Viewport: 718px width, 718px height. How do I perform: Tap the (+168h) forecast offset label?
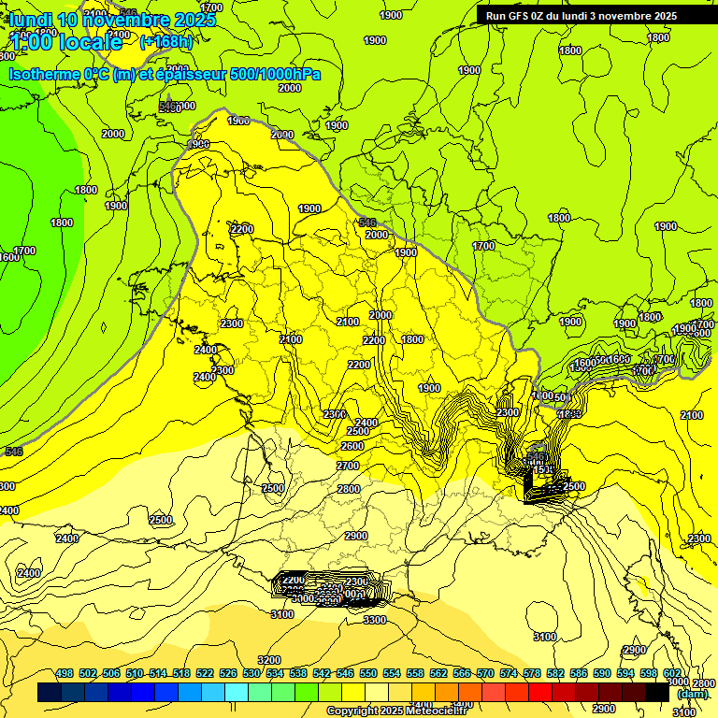[166, 41]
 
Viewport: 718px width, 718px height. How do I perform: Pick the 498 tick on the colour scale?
[65, 673]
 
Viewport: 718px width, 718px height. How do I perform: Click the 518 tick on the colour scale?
[181, 673]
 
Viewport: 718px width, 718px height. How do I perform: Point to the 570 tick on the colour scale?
[485, 673]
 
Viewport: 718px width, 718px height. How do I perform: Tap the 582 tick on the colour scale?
[555, 673]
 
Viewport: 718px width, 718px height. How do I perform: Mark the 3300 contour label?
[375, 620]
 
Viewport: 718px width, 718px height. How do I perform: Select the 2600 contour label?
[352, 447]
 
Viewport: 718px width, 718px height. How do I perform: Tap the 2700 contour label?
[348, 466]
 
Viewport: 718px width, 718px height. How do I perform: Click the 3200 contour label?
[269, 660]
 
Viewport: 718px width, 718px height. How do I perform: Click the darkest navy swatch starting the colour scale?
[50, 692]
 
